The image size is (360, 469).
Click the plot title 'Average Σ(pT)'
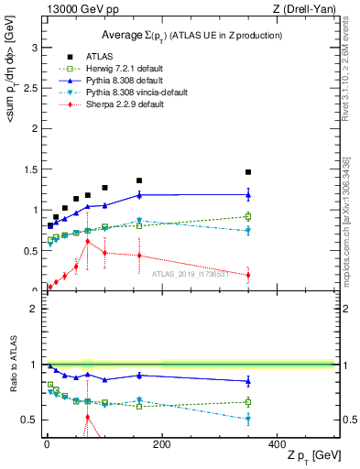(191, 35)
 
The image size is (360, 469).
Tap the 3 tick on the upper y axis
(36, 48)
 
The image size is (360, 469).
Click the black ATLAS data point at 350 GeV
(247, 172)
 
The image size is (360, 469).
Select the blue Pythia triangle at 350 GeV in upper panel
(247, 194)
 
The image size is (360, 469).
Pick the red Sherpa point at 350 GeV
(247, 275)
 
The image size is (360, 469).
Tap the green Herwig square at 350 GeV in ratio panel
(247, 401)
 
